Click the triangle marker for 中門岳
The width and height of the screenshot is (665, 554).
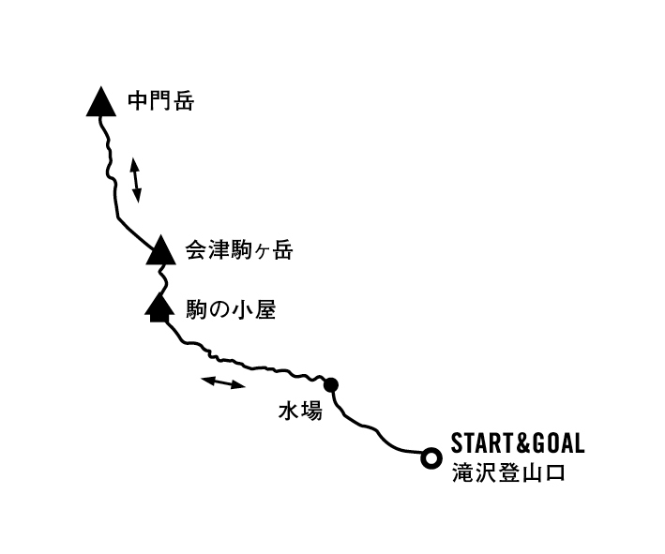point(101,102)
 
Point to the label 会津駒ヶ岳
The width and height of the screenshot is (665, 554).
point(239,251)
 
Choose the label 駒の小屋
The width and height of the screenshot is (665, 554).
point(231,309)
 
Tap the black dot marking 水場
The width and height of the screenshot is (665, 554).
point(330,384)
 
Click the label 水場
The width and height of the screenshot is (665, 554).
point(299,411)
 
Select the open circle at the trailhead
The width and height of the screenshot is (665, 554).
point(431,458)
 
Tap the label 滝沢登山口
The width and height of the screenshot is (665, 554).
point(507,472)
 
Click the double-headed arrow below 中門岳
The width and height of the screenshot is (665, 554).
point(136,180)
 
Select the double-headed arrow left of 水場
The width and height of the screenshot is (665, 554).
point(224,382)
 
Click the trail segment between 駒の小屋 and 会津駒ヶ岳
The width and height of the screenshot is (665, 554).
point(162,278)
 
